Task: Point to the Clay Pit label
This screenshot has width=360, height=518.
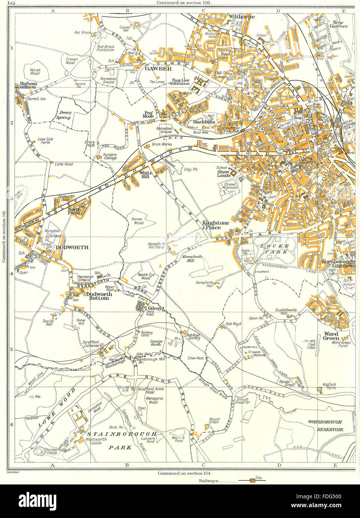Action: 190,169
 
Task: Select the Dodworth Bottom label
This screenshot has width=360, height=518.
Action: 98,296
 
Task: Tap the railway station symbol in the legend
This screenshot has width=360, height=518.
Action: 253,481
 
